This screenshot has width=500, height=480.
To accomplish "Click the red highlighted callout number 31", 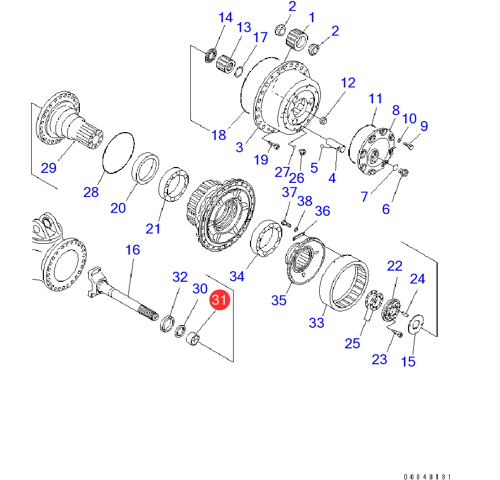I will point(219,300).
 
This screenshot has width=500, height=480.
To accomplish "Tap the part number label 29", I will point(49,168).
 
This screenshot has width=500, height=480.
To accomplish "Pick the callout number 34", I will point(237,276).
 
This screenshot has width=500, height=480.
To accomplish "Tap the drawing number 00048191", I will point(428,476).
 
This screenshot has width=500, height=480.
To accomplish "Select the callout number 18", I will point(219,135).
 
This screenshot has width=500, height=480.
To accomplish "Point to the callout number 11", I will point(375,98).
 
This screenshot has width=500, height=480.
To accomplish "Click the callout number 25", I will point(352,343).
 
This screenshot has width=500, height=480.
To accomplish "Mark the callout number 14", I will point(225,17).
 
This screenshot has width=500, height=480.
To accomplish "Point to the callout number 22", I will point(395,266).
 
